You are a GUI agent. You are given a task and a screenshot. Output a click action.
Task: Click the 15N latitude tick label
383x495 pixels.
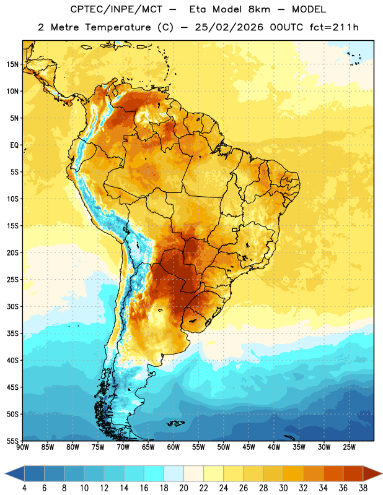12,64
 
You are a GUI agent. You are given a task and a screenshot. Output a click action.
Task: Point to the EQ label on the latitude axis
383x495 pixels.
14,145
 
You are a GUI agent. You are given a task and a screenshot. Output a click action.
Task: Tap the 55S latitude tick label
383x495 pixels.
12,441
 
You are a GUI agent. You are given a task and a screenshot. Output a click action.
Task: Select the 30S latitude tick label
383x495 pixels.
12,306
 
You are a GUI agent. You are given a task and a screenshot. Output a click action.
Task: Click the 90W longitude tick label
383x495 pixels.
23,447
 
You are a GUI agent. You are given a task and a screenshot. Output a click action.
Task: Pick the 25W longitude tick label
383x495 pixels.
349,447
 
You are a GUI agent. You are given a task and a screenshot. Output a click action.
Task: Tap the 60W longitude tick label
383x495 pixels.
174,447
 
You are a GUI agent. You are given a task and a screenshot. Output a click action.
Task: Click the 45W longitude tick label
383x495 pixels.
249,447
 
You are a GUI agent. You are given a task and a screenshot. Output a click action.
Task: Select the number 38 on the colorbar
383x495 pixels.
363,488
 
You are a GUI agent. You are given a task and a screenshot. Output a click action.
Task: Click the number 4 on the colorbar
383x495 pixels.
24,488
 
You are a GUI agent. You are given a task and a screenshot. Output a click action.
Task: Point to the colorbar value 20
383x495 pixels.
183,488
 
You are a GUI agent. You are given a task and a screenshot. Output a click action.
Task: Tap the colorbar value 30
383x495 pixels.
283,488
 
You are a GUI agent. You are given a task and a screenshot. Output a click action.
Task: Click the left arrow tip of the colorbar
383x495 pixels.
6,473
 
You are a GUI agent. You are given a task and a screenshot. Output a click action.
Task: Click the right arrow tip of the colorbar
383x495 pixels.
382,473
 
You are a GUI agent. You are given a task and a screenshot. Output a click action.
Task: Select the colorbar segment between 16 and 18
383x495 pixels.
154,473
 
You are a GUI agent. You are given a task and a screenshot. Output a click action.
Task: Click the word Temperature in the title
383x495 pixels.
118,27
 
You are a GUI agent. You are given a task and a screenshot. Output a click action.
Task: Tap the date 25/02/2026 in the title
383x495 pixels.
229,27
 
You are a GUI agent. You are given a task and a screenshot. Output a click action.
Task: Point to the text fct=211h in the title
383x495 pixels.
334,27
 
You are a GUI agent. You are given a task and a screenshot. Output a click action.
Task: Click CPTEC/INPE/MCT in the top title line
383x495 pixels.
116,9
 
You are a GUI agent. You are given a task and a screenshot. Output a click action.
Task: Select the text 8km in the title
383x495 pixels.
260,9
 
